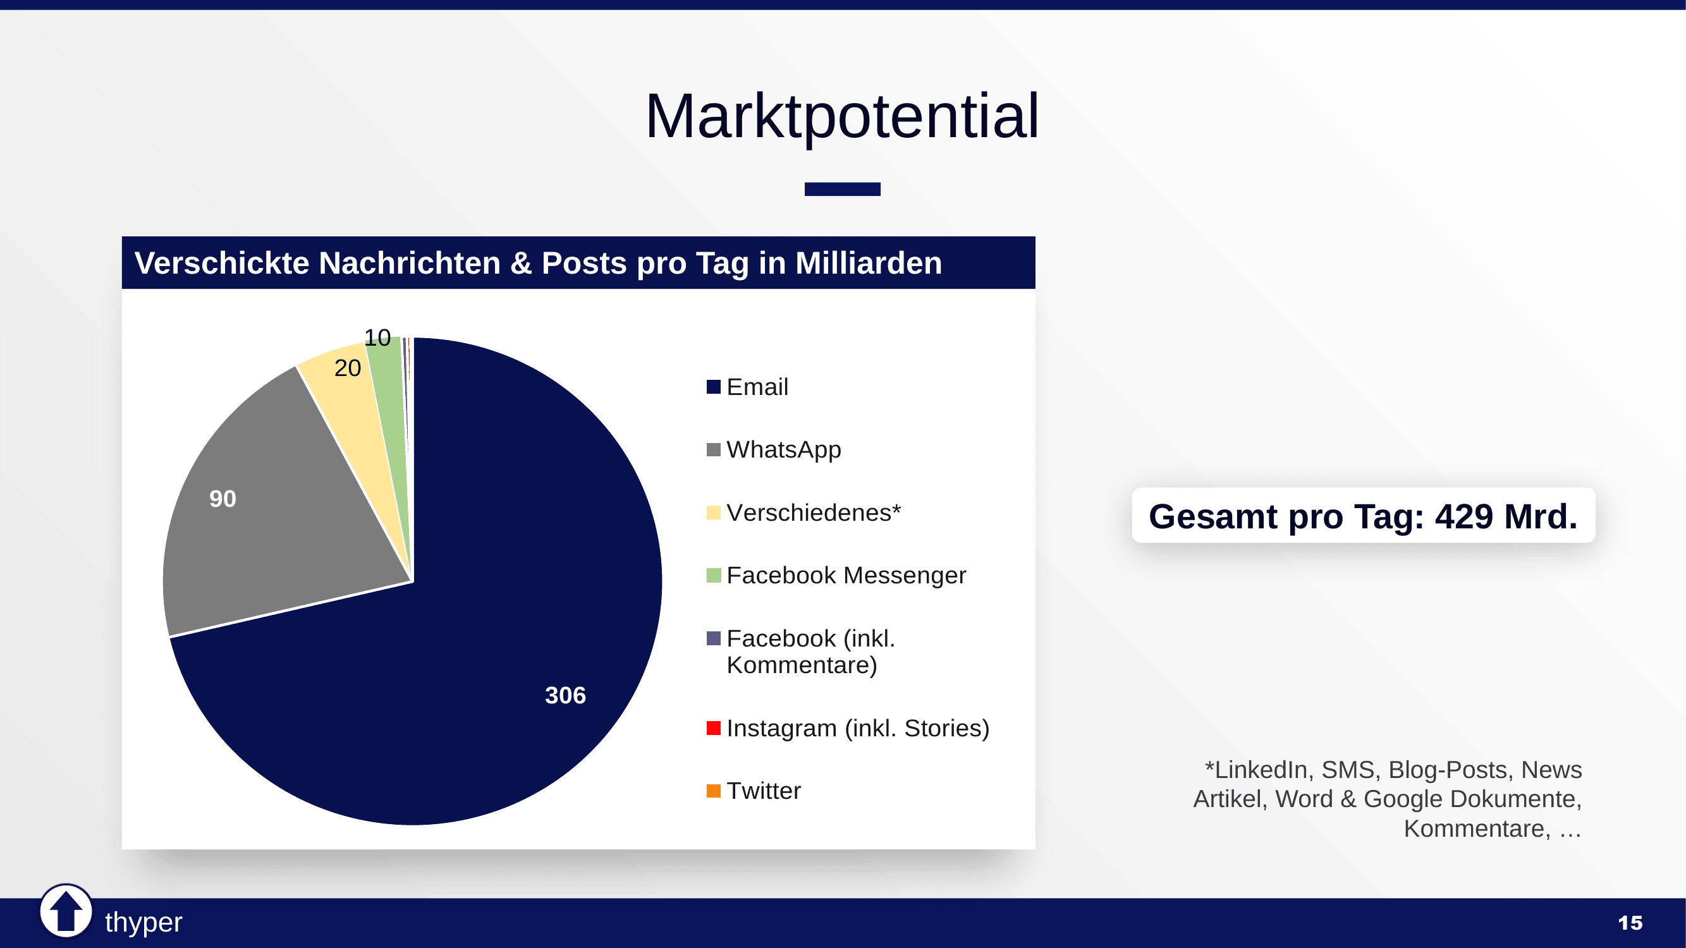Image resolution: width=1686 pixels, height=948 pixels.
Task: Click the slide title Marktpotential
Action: coord(841,116)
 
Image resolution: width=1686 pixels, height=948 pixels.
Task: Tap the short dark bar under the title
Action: coord(841,189)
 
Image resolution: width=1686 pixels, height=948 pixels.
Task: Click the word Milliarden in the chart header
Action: coord(868,263)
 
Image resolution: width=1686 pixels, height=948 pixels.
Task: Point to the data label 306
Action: coord(565,695)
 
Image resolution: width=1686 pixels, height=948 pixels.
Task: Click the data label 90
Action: coord(223,499)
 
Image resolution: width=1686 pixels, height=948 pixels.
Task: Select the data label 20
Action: coord(348,368)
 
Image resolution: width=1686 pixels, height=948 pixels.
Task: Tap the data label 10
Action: coord(377,337)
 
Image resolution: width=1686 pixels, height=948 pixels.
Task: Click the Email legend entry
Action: coord(757,387)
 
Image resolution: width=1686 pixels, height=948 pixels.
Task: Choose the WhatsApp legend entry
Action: coord(783,449)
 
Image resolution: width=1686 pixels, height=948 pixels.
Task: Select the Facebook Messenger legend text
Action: coord(846,575)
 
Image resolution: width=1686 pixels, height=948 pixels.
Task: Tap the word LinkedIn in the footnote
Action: coord(1261,769)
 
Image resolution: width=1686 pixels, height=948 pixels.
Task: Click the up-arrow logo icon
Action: coord(66,910)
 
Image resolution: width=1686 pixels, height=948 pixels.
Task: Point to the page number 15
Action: coord(1630,923)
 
